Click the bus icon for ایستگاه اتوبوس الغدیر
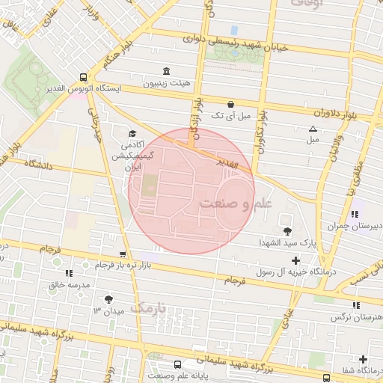coord(82,76)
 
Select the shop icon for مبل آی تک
coord(230,104)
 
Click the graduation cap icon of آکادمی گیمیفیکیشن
coord(132,133)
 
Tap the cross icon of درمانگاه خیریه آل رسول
coord(295,261)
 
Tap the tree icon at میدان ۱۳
coord(109,298)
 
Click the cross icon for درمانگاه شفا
coord(364,359)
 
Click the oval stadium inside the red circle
coord(233,201)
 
